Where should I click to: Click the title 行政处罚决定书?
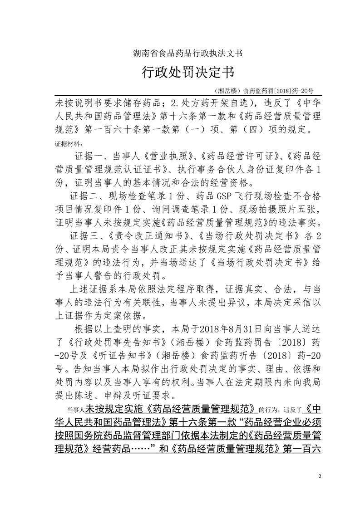pos(180,73)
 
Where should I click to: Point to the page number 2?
pos(320,476)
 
